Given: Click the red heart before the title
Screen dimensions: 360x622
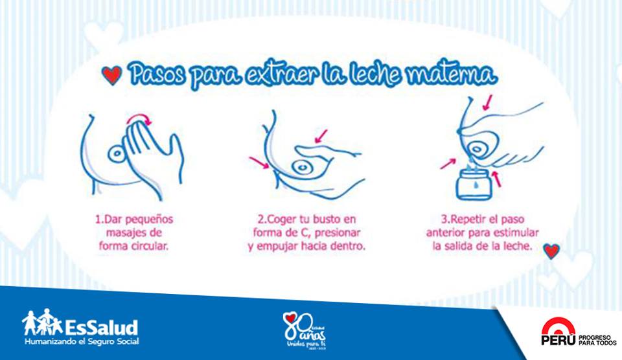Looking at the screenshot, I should pos(112,75).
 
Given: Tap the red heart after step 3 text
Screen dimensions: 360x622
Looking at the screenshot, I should pos(551,251).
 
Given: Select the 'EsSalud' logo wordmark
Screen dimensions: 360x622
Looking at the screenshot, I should pos(101,325).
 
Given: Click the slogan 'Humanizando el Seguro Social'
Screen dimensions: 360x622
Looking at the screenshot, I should pos(82,341).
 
